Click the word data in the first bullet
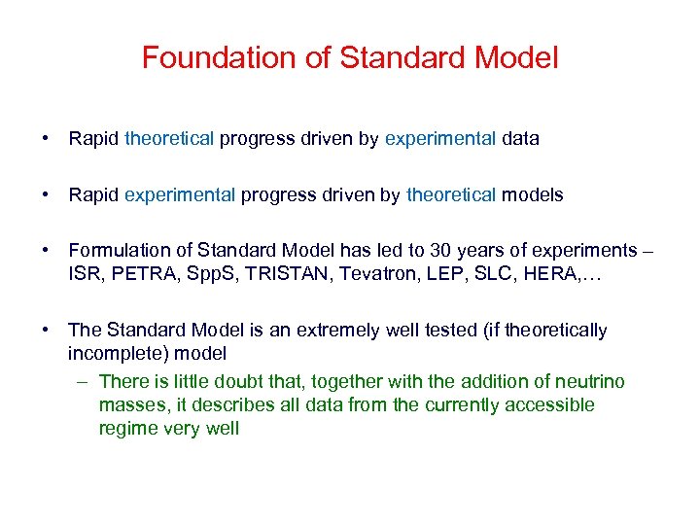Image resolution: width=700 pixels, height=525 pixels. click(x=520, y=139)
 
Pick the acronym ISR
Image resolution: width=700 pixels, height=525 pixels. click(x=84, y=274)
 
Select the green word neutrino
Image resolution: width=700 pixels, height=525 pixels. click(x=589, y=382)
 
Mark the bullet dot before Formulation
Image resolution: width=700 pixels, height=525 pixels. click(x=47, y=252)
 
